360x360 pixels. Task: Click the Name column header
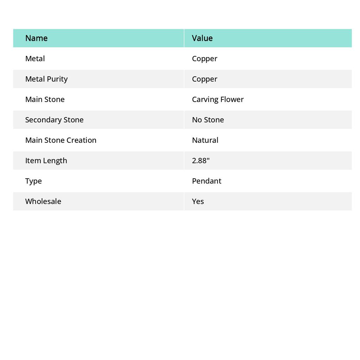pyautogui.click(x=36, y=38)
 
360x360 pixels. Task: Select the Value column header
pyautogui.click(x=202, y=38)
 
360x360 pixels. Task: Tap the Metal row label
pyautogui.click(x=35, y=58)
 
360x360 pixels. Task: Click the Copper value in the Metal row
pyautogui.click(x=205, y=58)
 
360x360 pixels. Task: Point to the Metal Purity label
pyautogui.click(x=46, y=79)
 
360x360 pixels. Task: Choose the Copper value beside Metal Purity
pyautogui.click(x=205, y=79)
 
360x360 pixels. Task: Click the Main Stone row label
pyautogui.click(x=45, y=99)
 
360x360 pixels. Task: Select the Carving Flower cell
pyautogui.click(x=218, y=99)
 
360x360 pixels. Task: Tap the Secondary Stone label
pyautogui.click(x=54, y=120)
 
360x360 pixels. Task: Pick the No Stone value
pyautogui.click(x=208, y=120)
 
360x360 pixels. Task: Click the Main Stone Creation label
pyautogui.click(x=60, y=140)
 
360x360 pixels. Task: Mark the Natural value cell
pyautogui.click(x=205, y=140)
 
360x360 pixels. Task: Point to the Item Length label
pyautogui.click(x=46, y=160)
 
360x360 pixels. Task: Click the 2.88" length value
pyautogui.click(x=201, y=160)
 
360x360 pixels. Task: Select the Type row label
pyautogui.click(x=33, y=181)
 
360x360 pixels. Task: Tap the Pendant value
pyautogui.click(x=206, y=181)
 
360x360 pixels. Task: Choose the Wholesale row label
pyautogui.click(x=43, y=201)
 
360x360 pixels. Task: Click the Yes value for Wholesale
pyautogui.click(x=198, y=201)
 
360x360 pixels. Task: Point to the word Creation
pyautogui.click(x=81, y=140)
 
